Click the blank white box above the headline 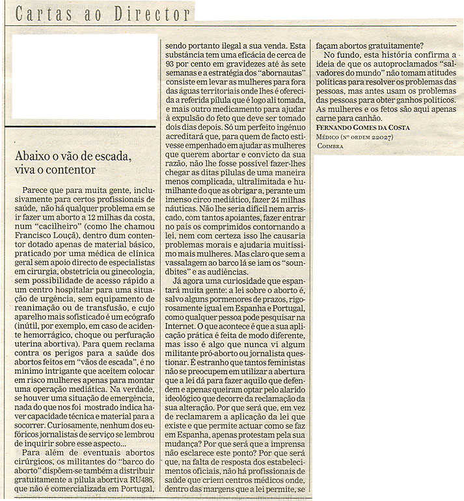coord(85,76)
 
